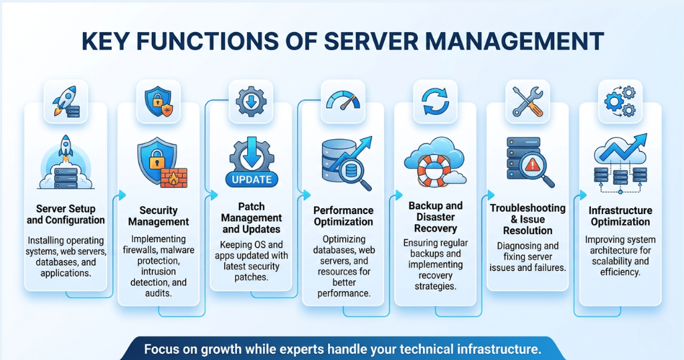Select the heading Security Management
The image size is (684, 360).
pyautogui.click(x=159, y=216)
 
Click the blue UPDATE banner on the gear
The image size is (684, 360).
pyautogui.click(x=252, y=179)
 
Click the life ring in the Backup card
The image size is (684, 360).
pyautogui.click(x=434, y=170)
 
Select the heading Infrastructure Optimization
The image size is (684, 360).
pyautogui.click(x=620, y=216)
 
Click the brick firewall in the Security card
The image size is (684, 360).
pyautogui.click(x=174, y=177)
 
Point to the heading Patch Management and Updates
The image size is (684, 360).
pyautogui.click(x=252, y=218)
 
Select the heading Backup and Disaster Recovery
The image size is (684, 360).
pyautogui.click(x=435, y=217)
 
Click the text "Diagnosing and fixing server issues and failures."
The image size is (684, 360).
pyautogui.click(x=527, y=256)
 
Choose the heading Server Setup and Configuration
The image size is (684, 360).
pyautogui.click(x=66, y=214)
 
